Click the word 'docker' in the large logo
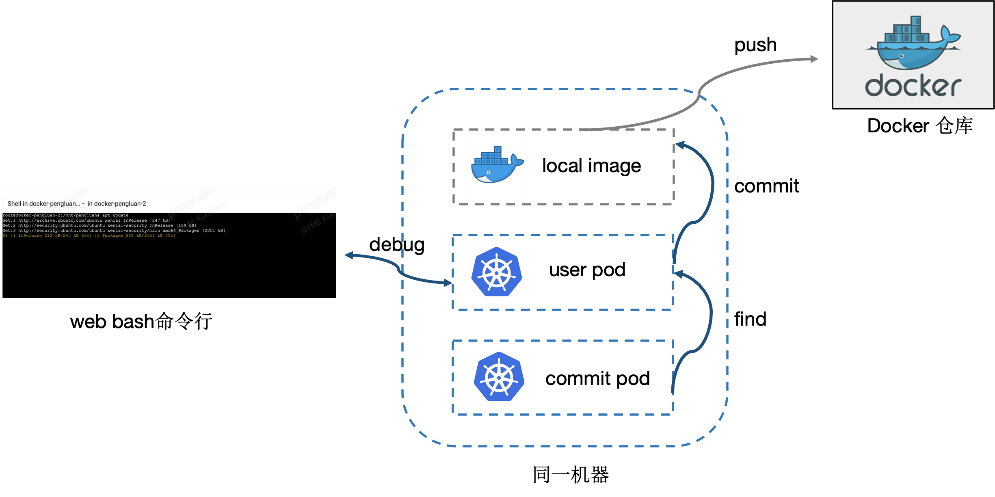click(x=913, y=86)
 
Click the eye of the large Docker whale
click(x=902, y=56)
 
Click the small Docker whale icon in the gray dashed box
click(x=496, y=166)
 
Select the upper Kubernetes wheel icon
click(x=496, y=272)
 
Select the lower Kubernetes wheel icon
click(x=499, y=376)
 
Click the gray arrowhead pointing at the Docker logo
click(x=814, y=59)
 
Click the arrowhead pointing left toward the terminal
click(x=349, y=255)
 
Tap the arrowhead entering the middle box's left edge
click(x=448, y=283)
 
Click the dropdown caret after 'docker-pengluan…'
click(x=83, y=204)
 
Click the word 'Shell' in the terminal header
click(x=14, y=203)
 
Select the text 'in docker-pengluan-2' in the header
click(x=117, y=203)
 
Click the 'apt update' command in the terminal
click(x=115, y=215)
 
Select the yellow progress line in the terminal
click(x=89, y=236)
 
